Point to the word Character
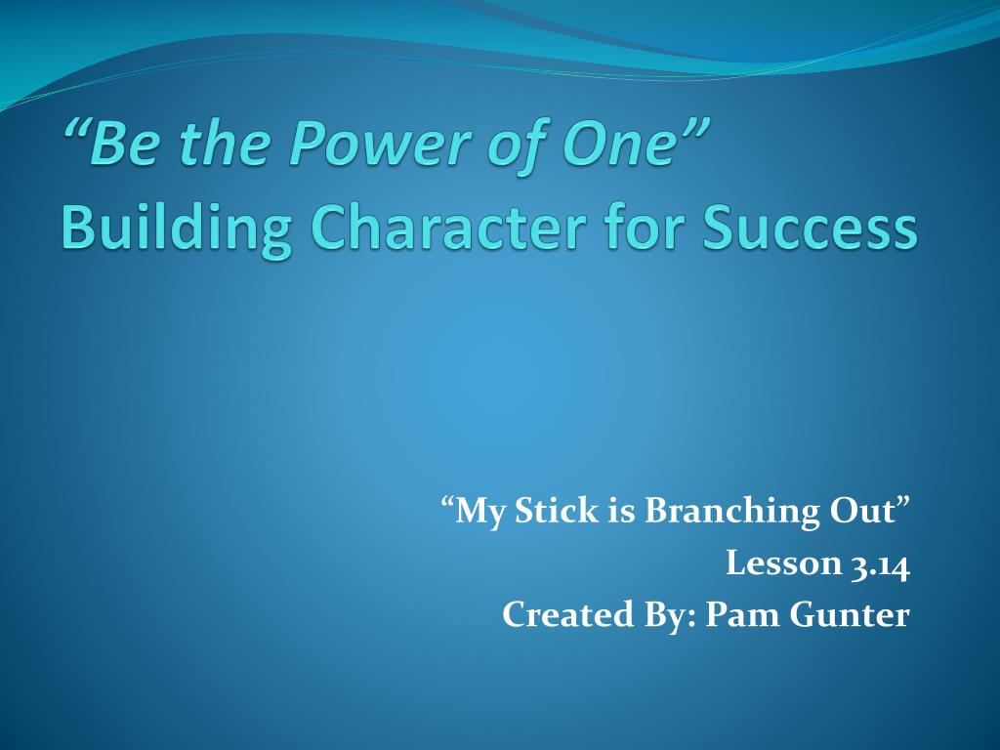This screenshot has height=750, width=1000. pos(449,228)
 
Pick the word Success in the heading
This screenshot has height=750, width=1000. pos(810,229)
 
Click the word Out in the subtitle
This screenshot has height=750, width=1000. pos(861,511)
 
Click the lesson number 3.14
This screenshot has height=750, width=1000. pos(880,563)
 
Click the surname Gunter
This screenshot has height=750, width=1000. pos(849,615)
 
